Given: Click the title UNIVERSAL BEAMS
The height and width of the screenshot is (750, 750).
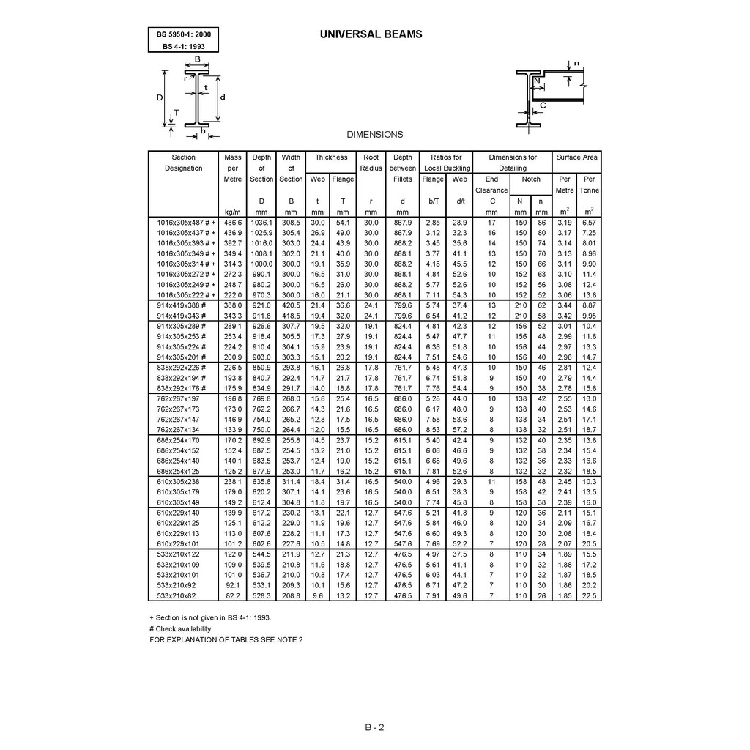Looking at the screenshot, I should (x=371, y=34).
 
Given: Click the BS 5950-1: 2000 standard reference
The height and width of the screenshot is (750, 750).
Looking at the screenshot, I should (x=182, y=34).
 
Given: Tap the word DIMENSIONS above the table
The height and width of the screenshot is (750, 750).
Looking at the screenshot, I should (x=374, y=135).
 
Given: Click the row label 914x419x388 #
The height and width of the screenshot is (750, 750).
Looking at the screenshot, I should (x=182, y=305).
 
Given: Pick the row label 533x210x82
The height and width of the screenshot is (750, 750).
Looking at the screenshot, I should (x=177, y=596).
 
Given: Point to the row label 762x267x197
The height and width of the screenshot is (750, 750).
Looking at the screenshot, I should (x=178, y=398).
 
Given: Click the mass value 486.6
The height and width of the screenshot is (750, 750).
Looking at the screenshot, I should (x=233, y=221).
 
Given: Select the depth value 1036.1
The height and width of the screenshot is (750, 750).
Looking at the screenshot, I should (x=261, y=221).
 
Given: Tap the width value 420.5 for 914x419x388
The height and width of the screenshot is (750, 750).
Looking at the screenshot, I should (x=291, y=305).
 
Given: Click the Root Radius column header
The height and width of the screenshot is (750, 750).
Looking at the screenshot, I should (x=371, y=163).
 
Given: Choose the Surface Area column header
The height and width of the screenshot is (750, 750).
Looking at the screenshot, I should (x=576, y=157).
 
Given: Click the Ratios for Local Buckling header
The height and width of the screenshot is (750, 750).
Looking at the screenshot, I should (x=447, y=163).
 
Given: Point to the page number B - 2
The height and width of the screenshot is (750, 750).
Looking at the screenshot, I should (x=374, y=728).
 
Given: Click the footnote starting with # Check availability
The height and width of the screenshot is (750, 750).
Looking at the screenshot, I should (x=180, y=628).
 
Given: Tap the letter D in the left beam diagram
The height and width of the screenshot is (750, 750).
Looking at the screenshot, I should (x=159, y=97).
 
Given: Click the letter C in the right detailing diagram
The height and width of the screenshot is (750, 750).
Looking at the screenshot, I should (x=543, y=105).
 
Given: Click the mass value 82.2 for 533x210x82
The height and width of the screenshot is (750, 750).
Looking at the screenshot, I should (x=233, y=596).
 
